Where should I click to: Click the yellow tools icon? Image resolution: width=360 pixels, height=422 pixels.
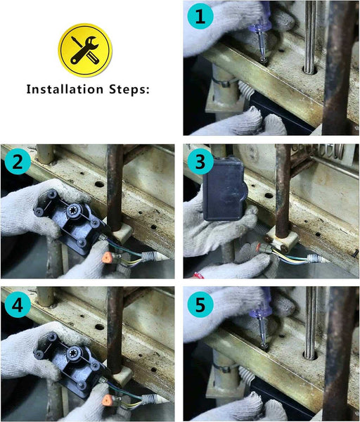[x=85, y=51]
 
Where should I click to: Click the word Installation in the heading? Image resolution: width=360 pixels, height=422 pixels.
[x=65, y=89]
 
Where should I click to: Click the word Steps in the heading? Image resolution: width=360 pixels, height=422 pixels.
[x=129, y=89]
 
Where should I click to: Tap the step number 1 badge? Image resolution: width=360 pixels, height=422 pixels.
[x=200, y=16]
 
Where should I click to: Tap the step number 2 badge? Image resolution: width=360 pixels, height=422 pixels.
[x=18, y=162]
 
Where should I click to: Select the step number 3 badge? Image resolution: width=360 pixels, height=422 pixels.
[x=200, y=162]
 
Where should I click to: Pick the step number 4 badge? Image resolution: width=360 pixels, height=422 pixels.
[x=18, y=305]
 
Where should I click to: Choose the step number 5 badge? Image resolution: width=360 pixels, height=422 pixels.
[x=200, y=305]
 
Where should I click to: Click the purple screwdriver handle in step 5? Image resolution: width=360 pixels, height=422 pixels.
[x=260, y=307]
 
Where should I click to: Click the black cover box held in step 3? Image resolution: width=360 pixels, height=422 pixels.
[x=224, y=189]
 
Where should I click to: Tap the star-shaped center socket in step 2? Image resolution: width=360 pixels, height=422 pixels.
[x=73, y=210]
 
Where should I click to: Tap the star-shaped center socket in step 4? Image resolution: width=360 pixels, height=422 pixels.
[x=73, y=353]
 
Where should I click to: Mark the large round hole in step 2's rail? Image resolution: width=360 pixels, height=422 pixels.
[x=100, y=184]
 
